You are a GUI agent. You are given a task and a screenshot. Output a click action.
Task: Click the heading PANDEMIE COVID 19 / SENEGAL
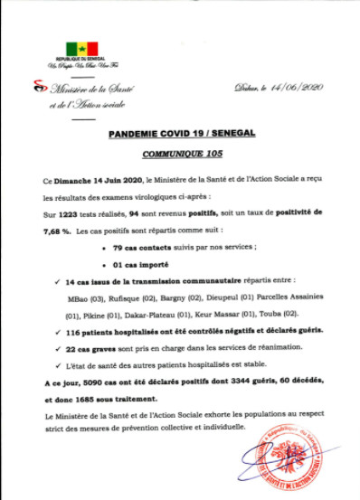[x=181, y=133]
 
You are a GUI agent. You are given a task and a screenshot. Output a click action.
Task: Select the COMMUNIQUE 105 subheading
[x=181, y=151]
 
